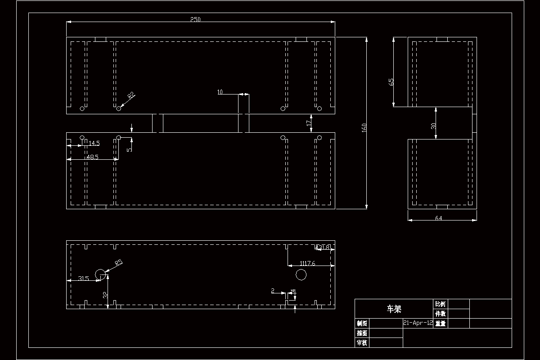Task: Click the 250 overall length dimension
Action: click(195, 19)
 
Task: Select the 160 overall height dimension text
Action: click(364, 128)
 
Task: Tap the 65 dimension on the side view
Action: click(391, 82)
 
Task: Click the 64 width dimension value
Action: click(439, 218)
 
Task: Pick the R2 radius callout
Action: click(131, 95)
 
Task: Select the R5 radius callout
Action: click(119, 262)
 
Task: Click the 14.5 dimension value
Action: click(94, 143)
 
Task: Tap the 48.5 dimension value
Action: click(93, 157)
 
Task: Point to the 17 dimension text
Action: click(309, 122)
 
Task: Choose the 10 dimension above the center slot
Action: click(220, 92)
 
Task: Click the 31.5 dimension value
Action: click(83, 279)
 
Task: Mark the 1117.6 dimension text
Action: click(308, 263)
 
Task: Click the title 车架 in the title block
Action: click(394, 309)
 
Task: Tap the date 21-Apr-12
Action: click(418, 323)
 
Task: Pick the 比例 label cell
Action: click(440, 304)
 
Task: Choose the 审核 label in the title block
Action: click(362, 343)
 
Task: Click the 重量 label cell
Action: click(440, 323)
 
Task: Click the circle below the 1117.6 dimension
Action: click(301, 274)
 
